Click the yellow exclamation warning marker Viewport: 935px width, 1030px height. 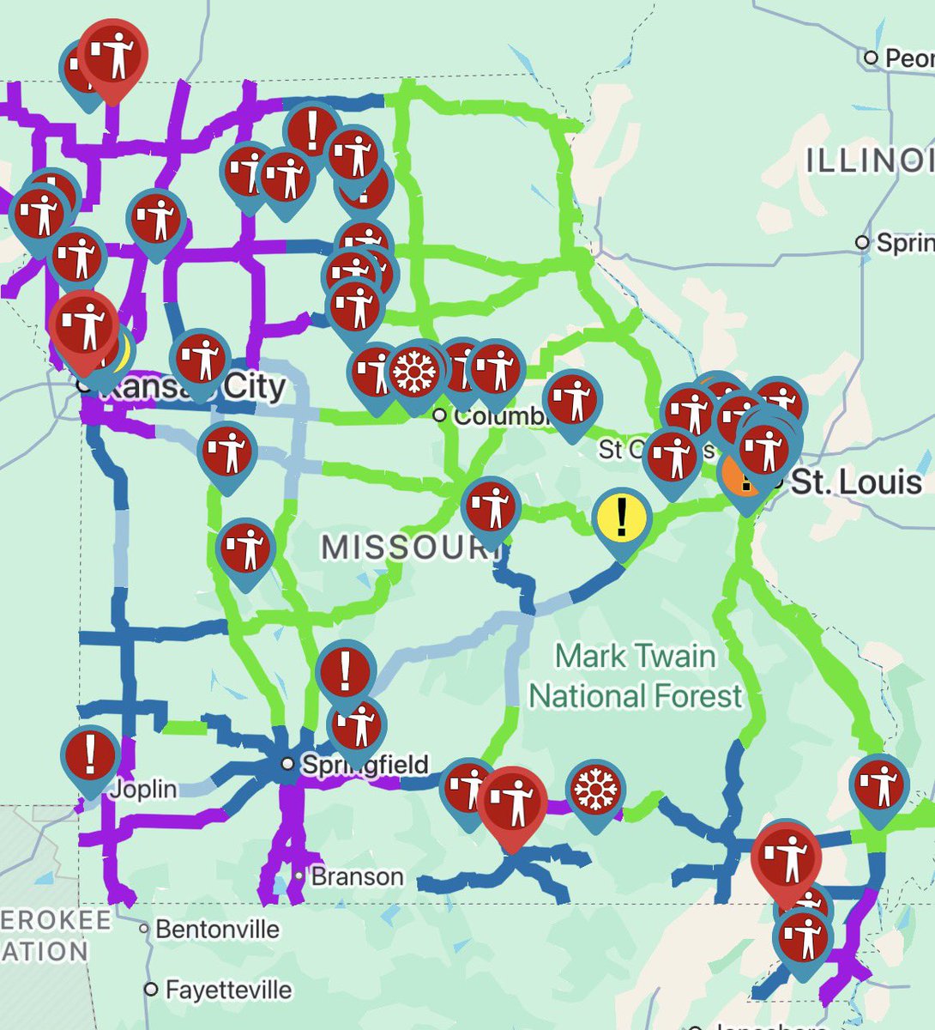pos(622,516)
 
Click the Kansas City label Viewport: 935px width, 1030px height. pos(193,387)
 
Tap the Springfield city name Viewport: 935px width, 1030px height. pos(365,764)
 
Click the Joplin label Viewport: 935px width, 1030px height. pos(142,788)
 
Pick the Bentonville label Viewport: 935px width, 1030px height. pos(218,929)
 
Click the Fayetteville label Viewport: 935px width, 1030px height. pos(228,990)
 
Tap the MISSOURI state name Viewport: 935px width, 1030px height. pos(410,547)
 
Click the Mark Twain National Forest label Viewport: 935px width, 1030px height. pos(636,676)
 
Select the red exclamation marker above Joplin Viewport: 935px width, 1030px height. pos(90,754)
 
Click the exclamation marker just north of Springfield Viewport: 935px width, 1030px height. pos(346,671)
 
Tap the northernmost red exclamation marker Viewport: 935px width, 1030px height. pos(311,130)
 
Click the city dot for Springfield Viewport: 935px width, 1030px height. pos(288,764)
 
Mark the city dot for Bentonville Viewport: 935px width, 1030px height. pos(145,929)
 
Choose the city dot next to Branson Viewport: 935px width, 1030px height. pos(298,876)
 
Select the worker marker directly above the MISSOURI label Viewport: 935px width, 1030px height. pos(491,506)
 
